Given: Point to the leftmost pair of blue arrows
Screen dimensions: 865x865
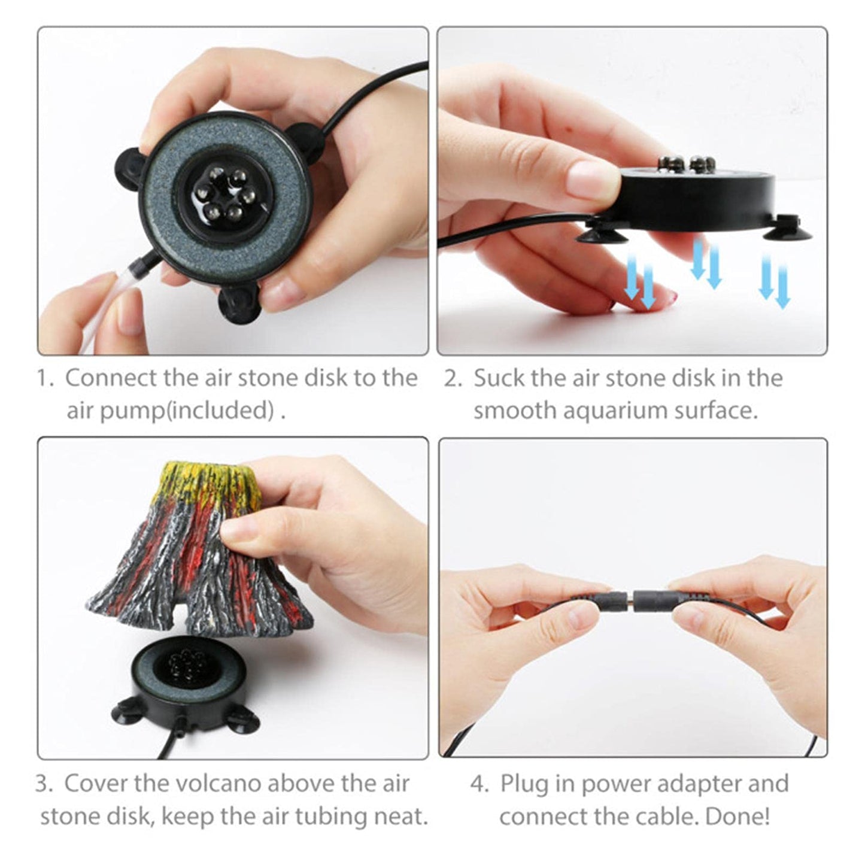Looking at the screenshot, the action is tap(640, 281).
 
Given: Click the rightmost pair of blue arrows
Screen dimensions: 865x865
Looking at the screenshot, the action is tap(775, 281).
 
